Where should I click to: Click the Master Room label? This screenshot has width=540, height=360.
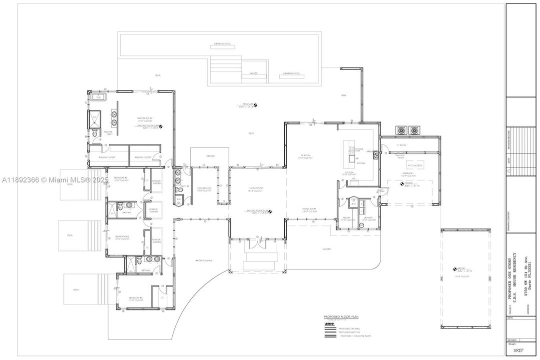[x=144, y=118]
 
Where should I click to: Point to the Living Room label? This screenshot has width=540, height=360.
[x=256, y=188]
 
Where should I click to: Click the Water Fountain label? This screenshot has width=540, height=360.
[x=204, y=260]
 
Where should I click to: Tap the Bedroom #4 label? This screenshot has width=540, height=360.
[x=135, y=297]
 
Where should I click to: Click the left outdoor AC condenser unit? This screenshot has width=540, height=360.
[x=401, y=130]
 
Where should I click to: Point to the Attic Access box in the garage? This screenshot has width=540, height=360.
[x=415, y=165]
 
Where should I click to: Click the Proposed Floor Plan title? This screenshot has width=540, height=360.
[x=341, y=317]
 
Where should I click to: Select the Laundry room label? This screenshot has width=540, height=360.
[x=369, y=218]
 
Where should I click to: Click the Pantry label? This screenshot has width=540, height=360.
[x=347, y=218]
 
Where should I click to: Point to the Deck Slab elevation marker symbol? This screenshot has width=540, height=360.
[x=254, y=105]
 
